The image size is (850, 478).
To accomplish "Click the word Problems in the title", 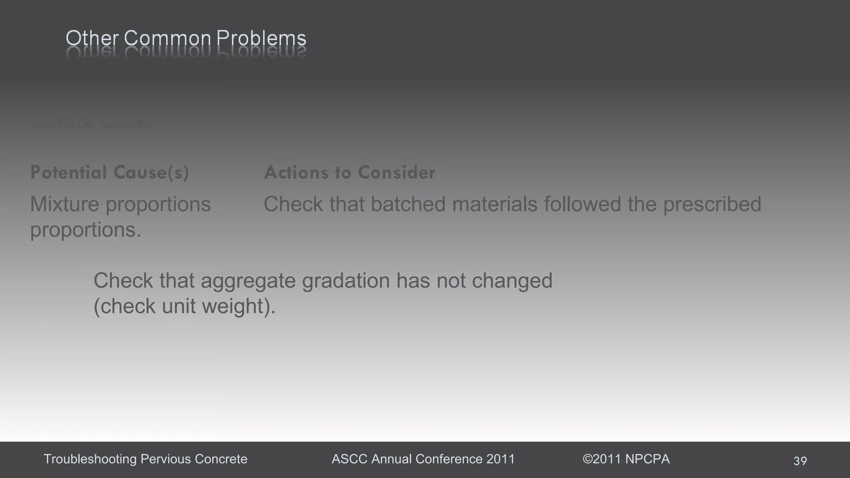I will (x=261, y=39).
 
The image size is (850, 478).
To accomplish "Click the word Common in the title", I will (x=167, y=39).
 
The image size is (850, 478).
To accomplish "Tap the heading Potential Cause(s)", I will (x=110, y=173).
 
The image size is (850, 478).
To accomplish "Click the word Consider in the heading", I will (x=396, y=173).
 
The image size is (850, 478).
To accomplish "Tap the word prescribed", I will (x=712, y=204).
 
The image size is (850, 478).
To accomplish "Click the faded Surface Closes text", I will (x=92, y=123).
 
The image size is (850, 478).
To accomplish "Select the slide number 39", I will (x=800, y=461).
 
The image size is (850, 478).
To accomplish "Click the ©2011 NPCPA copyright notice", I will (x=626, y=459).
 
